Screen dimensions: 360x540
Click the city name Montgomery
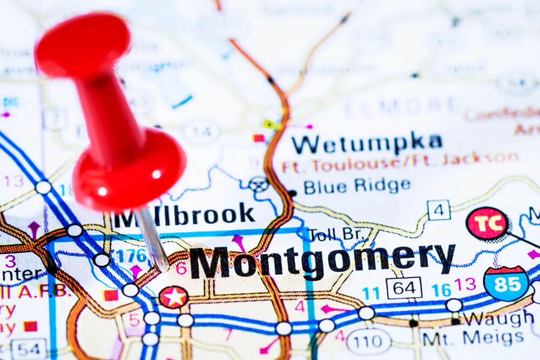pyautogui.click(x=322, y=261)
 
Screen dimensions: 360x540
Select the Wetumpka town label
pyautogui.click(x=367, y=143)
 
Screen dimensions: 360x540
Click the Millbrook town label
pyautogui.click(x=184, y=215)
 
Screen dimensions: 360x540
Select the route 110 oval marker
pyautogui.click(x=368, y=341)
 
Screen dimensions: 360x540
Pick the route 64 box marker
pyautogui.click(x=403, y=288)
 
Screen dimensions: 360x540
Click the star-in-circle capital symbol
pyautogui.click(x=173, y=297)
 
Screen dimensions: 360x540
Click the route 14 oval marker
pyautogui.click(x=201, y=131)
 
